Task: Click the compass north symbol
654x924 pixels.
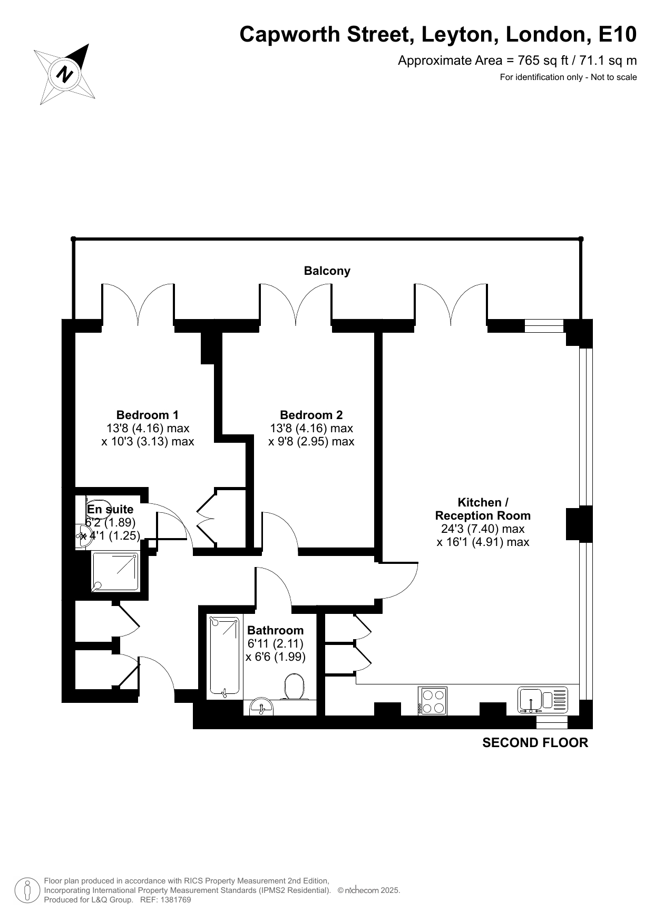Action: (x=65, y=73)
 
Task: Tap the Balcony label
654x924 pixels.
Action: (x=327, y=271)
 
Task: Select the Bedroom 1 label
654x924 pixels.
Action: (x=148, y=415)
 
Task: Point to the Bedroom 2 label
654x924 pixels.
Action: (x=311, y=415)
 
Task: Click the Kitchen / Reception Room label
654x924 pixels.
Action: (x=483, y=509)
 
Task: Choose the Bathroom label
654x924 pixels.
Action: (x=275, y=630)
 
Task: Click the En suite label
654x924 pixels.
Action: (x=110, y=509)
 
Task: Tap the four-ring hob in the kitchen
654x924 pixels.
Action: (x=432, y=701)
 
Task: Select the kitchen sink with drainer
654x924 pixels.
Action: (x=543, y=700)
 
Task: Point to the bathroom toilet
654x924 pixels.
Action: (x=295, y=688)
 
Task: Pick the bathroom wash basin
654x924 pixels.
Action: (x=261, y=706)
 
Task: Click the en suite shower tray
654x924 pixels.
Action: (x=115, y=571)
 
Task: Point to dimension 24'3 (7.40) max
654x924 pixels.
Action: (x=483, y=529)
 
